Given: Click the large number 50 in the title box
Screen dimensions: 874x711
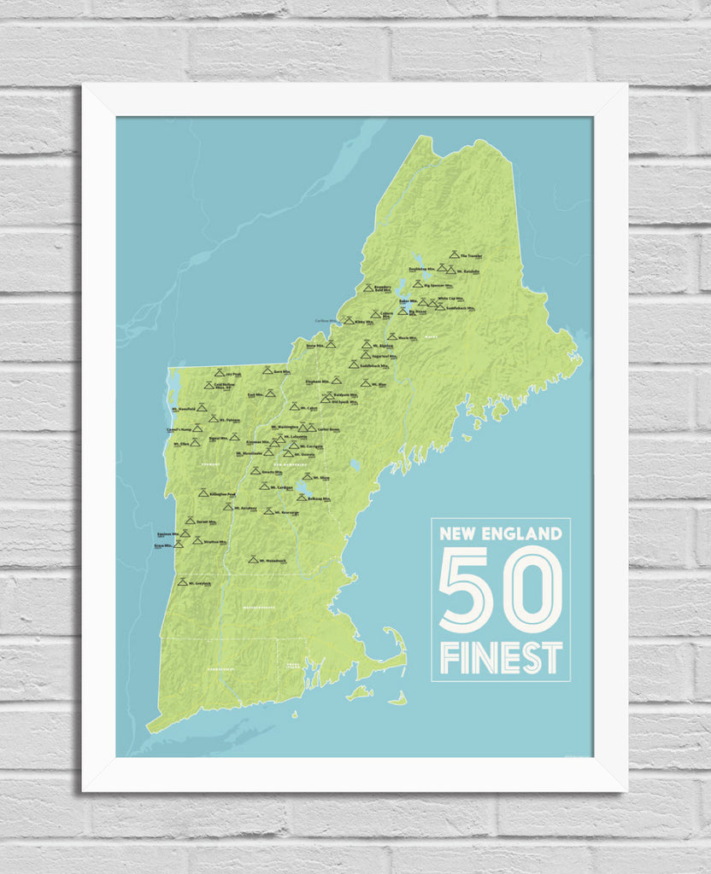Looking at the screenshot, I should point(500,589).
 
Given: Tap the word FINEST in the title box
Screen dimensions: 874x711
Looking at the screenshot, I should point(501,658).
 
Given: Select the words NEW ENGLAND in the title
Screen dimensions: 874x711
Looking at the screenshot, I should point(501,534).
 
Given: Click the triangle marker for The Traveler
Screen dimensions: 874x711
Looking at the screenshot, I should point(453,254).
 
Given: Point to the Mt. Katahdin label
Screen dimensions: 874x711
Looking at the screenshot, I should point(469,272).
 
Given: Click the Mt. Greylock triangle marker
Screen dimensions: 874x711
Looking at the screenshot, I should point(182,581).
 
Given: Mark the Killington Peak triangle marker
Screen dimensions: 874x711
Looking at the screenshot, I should point(203,493).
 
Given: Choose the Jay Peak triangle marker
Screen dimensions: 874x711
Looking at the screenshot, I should point(220,373).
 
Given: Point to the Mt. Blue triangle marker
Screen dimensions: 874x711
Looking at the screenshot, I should point(365,383).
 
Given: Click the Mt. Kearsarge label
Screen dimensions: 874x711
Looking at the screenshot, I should point(286,512).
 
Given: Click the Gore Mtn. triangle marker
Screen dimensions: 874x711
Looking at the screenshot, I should point(267,371).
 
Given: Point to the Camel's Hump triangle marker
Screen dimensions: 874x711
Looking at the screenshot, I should point(197,428).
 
